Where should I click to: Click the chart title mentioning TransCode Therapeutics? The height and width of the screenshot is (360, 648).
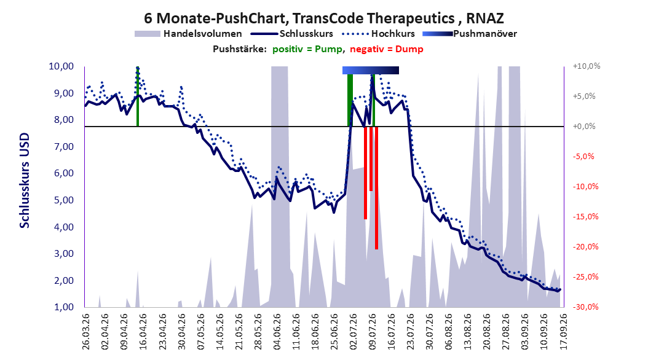(323, 18)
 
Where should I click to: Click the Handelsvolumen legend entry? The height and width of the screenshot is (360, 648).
(189, 34)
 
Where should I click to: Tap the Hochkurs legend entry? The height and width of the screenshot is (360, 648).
(377, 34)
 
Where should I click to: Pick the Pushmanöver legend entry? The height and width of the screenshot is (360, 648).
(470, 34)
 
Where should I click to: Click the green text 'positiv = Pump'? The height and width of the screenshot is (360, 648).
(307, 49)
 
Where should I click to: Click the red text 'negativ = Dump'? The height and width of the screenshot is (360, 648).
(387, 49)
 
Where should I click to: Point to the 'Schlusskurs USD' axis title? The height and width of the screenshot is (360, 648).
(25, 181)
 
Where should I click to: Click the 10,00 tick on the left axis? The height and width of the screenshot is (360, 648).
(61, 66)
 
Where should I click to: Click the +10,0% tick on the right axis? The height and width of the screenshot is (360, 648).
(587, 66)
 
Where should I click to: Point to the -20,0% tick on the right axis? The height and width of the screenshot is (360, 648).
(585, 247)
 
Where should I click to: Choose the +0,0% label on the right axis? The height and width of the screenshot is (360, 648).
(584, 127)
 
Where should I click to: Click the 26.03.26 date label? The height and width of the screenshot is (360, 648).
(86, 332)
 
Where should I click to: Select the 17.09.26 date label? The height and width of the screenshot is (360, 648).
(563, 332)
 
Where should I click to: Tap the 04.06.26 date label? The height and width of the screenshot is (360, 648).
(277, 332)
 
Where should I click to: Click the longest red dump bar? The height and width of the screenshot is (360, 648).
(376, 188)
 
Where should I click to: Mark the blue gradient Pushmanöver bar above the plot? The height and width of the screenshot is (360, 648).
(371, 70)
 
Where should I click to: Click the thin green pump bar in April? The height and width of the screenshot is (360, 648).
(138, 96)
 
